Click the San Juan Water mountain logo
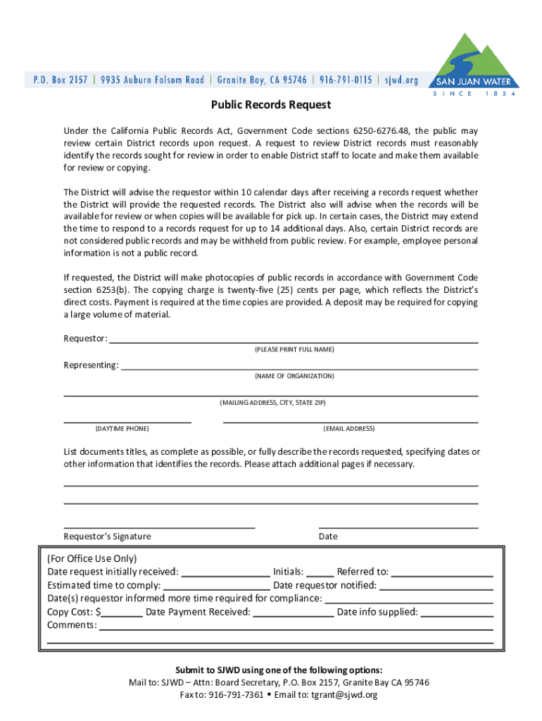tap(473, 63)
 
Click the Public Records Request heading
tap(271, 105)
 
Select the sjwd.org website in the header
tap(401, 80)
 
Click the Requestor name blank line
tap(294, 341)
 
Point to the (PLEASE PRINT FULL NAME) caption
tap(294, 350)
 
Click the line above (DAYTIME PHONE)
tap(127, 421)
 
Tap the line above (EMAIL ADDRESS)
tap(350, 421)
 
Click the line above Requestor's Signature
tap(159, 526)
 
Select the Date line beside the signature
tap(398, 526)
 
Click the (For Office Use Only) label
tap(92, 558)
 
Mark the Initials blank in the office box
tap(320, 575)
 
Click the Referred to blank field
tap(441, 575)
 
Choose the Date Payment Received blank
tap(293, 615)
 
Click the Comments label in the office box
tap(71, 625)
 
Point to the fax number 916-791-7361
tap(236, 695)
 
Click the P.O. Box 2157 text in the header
tap(61, 80)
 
